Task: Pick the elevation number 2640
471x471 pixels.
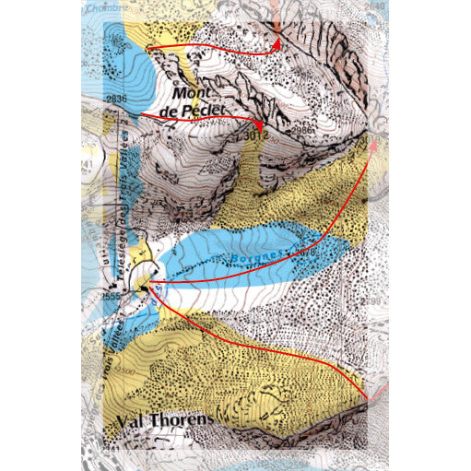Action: click(x=374, y=6)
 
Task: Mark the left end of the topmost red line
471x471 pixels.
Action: click(x=147, y=46)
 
